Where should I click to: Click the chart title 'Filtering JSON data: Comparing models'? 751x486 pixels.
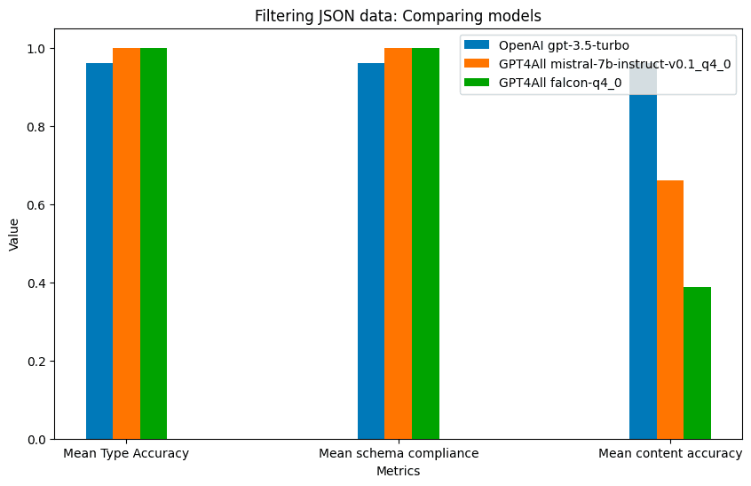pyautogui.click(x=398, y=16)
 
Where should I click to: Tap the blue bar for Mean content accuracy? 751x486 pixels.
pyautogui.click(x=643, y=267)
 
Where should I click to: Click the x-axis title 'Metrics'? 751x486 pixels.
pyautogui.click(x=398, y=472)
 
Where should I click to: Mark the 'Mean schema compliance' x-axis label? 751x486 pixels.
pyautogui.click(x=399, y=454)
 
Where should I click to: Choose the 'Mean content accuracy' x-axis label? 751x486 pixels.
pyautogui.click(x=670, y=454)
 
